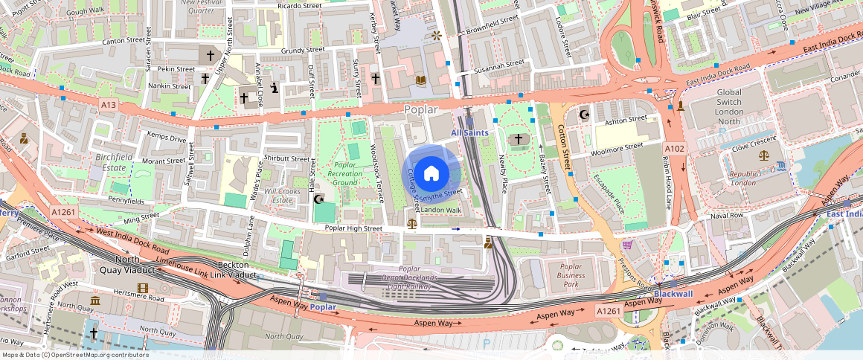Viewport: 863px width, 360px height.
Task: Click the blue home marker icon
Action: coord(431,173)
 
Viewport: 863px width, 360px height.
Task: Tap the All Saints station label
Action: coord(470,132)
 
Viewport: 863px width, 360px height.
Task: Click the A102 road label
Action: coord(674,149)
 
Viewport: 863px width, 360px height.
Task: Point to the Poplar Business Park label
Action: coord(571,274)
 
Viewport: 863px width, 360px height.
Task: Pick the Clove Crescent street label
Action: coord(754,147)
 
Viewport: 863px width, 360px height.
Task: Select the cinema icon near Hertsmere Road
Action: coord(142,288)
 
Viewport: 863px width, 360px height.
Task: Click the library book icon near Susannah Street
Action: coord(421,80)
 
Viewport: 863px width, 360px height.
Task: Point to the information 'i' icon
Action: coord(275,88)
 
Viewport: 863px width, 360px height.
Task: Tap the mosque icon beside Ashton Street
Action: coord(584,115)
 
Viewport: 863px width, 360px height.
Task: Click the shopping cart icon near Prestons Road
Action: coord(627,244)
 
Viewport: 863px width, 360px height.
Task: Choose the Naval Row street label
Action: coord(726,215)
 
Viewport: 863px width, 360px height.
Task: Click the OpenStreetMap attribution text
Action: coord(75,355)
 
